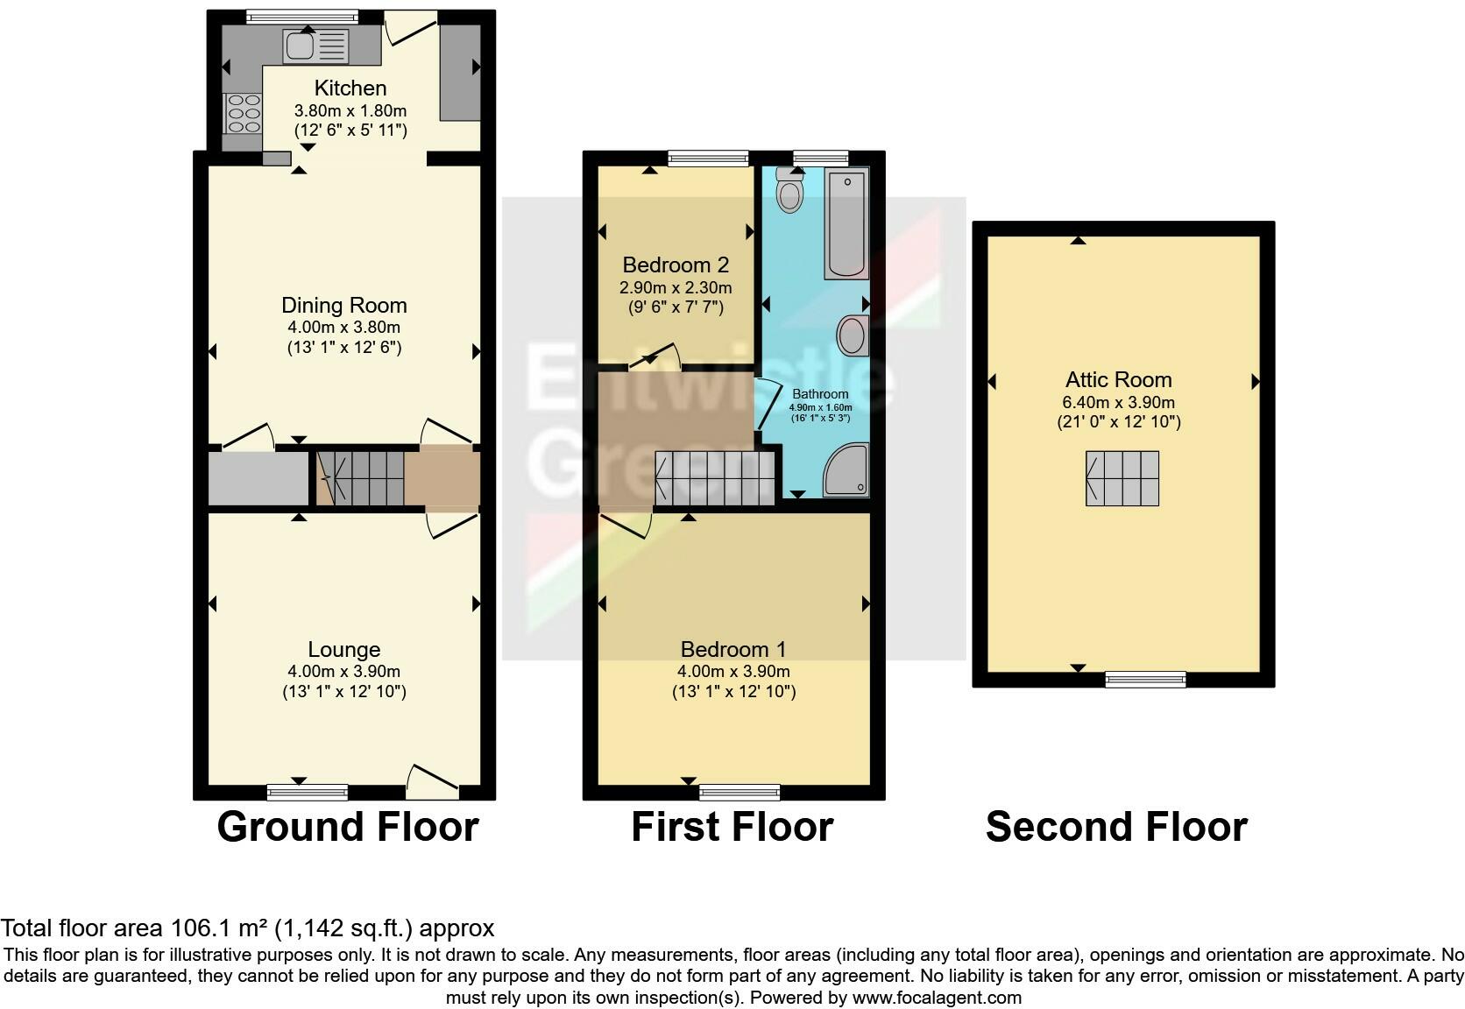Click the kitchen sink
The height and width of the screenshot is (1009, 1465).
point(315,46)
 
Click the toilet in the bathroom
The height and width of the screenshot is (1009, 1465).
point(790,190)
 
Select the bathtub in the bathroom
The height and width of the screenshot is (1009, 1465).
point(846,223)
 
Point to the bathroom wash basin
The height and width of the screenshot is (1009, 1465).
point(853,335)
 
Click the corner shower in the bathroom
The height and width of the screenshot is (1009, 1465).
point(846,470)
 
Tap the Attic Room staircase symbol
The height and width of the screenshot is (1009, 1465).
point(1122,479)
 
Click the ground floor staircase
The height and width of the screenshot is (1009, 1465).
point(360,478)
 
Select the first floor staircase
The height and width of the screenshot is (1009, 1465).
point(715,478)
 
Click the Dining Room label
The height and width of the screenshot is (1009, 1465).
point(344,306)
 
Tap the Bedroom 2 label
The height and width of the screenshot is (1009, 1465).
point(676,265)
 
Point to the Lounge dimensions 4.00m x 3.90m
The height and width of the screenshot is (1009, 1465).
point(344,672)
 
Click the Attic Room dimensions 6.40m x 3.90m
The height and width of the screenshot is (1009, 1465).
point(1118,403)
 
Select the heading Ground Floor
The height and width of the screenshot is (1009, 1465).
point(348,827)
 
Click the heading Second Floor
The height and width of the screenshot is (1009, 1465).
point(1116,827)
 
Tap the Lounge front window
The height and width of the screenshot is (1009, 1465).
point(308,793)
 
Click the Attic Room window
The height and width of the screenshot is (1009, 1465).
point(1145,680)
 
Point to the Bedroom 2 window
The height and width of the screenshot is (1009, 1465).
point(708,159)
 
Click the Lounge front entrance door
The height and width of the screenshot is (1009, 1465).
point(432,781)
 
